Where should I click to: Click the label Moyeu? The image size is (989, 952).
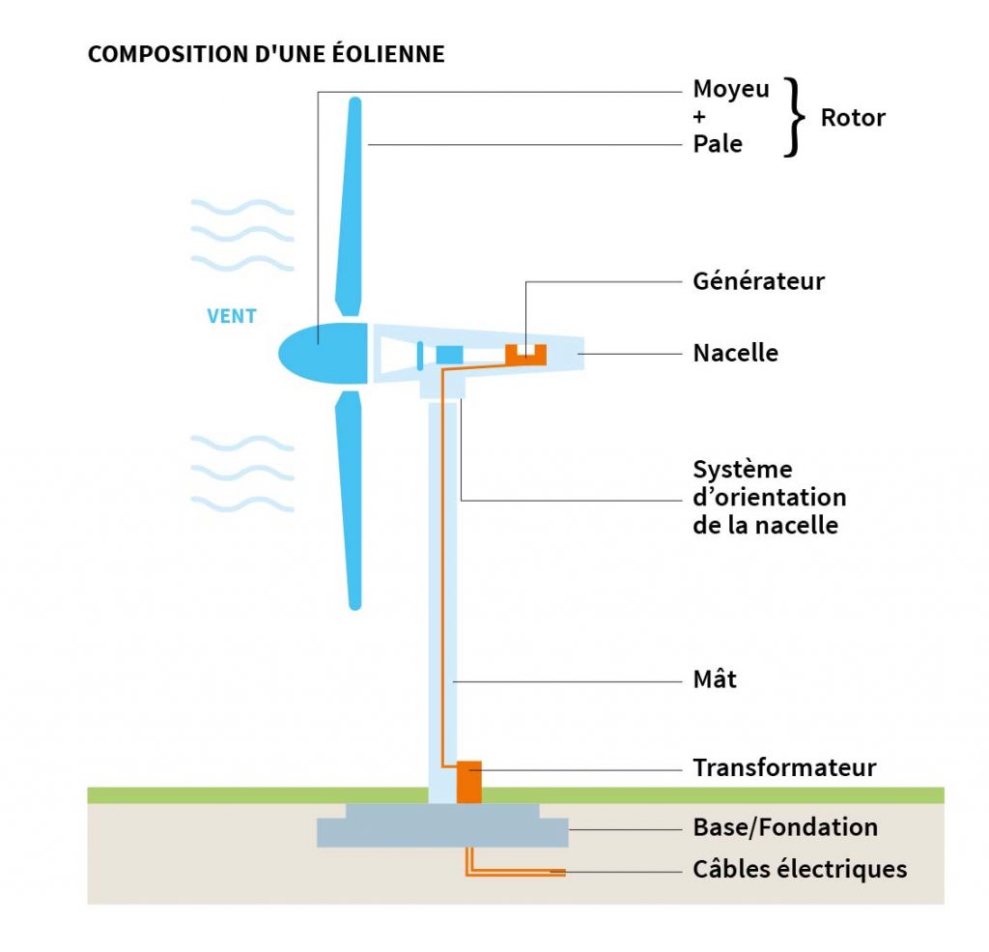pyautogui.click(x=731, y=91)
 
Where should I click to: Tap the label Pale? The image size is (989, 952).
pyautogui.click(x=718, y=145)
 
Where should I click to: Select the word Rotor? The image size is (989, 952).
pyautogui.click(x=853, y=118)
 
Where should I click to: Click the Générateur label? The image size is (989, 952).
pyautogui.click(x=758, y=281)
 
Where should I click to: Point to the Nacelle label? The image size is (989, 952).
pyautogui.click(x=735, y=353)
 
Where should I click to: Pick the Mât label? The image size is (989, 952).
pyautogui.click(x=715, y=679)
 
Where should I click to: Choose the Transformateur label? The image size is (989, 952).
pyautogui.click(x=784, y=768)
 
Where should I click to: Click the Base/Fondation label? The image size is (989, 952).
pyautogui.click(x=785, y=827)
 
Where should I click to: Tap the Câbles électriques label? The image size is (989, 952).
pyautogui.click(x=800, y=869)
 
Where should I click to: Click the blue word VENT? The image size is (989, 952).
pyautogui.click(x=232, y=316)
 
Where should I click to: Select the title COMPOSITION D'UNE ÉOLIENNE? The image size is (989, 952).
pyautogui.click(x=267, y=54)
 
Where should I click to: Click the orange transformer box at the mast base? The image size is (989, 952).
pyautogui.click(x=468, y=781)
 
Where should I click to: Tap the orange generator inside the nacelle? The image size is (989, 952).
pyautogui.click(x=526, y=356)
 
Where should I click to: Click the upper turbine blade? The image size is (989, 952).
pyautogui.click(x=351, y=203)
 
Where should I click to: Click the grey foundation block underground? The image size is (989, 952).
pyautogui.click(x=442, y=826)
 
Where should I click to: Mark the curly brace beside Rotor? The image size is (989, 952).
pyautogui.click(x=794, y=118)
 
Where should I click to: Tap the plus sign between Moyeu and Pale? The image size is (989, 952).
pyautogui.click(x=700, y=118)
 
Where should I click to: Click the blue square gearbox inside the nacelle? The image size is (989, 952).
pyautogui.click(x=449, y=355)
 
